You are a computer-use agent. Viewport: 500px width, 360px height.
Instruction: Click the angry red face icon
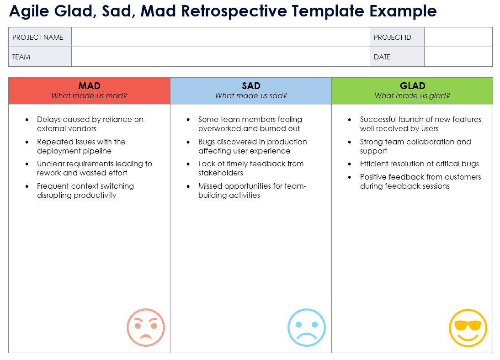click(x=145, y=328)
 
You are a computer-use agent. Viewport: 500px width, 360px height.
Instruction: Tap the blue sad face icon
click(x=306, y=328)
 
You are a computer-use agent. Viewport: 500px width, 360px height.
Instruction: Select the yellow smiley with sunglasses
click(x=468, y=328)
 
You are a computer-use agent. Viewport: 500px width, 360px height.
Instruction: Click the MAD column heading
click(x=89, y=86)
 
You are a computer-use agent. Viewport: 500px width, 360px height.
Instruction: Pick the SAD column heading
click(x=251, y=86)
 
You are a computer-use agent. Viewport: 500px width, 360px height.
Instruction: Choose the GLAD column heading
click(x=412, y=86)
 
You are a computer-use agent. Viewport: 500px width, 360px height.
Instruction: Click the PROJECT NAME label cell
click(x=40, y=37)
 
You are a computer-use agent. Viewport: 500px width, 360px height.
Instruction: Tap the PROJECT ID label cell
click(x=397, y=37)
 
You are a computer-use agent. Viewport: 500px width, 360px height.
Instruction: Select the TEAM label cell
click(x=40, y=57)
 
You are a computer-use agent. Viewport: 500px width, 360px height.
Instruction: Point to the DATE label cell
click(x=397, y=57)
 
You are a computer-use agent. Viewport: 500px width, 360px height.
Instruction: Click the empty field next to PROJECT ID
click(x=458, y=37)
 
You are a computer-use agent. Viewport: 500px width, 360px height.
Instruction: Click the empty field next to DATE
click(x=458, y=57)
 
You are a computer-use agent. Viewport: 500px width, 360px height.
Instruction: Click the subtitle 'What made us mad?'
click(x=89, y=96)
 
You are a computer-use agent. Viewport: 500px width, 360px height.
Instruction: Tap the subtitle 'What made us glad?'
click(x=412, y=96)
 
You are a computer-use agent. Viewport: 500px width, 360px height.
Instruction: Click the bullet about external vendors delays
click(x=90, y=124)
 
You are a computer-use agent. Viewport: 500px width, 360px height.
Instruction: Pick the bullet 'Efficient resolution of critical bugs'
click(x=419, y=164)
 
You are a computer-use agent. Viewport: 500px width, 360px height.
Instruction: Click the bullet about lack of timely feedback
click(x=250, y=168)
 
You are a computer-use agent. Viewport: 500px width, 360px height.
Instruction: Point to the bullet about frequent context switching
click(x=85, y=191)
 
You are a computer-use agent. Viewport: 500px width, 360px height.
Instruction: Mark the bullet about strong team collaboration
click(x=415, y=146)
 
